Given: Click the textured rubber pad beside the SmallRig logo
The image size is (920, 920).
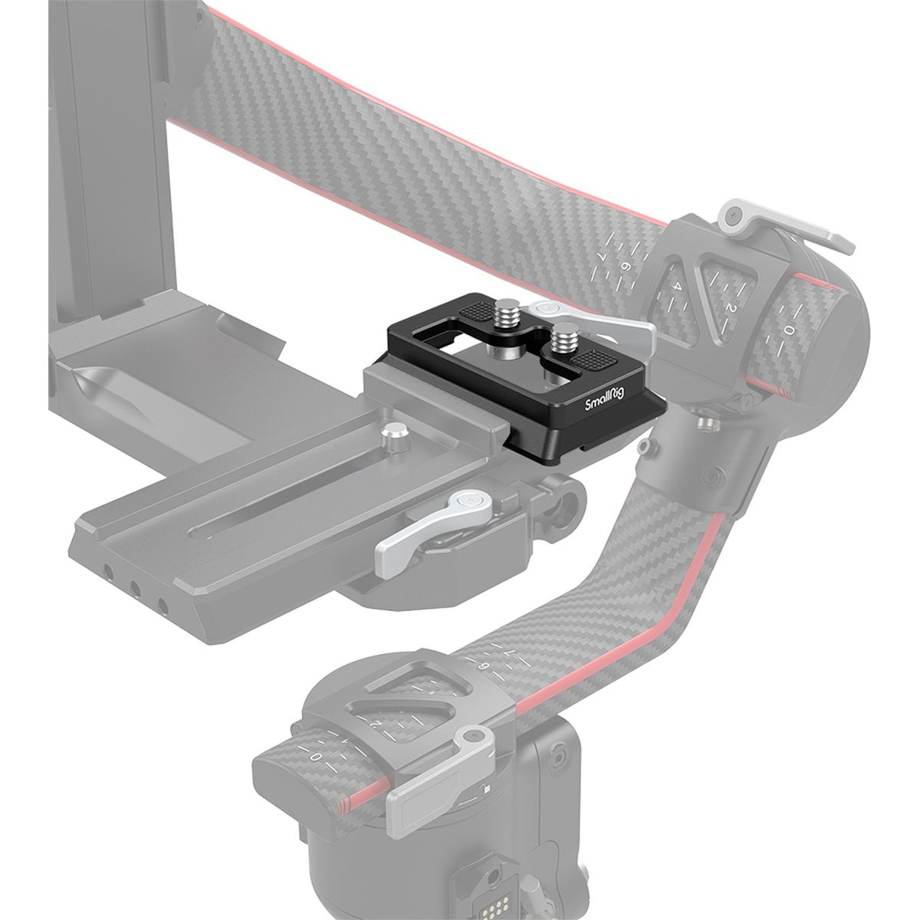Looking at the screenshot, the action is click(590, 360).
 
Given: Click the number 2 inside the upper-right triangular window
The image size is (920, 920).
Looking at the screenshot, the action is click(730, 307).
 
